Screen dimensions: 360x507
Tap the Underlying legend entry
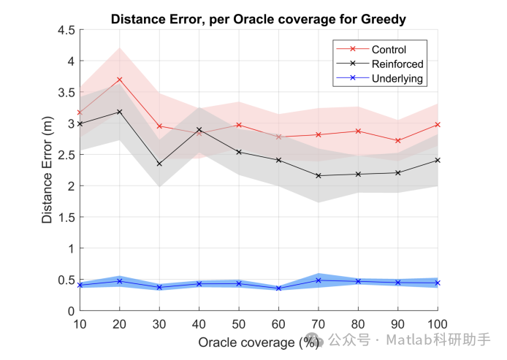tap(397, 78)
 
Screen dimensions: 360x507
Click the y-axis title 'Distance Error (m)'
tap(47, 170)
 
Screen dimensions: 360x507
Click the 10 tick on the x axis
tap(79, 323)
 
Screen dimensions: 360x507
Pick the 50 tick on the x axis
tap(238, 323)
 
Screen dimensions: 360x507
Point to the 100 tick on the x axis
tap(437, 323)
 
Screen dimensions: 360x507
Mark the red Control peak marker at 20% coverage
tap(119, 80)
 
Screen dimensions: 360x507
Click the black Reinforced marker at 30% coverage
tap(159, 164)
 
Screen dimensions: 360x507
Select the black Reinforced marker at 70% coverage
tap(318, 175)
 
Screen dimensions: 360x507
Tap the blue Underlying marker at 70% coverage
tap(318, 280)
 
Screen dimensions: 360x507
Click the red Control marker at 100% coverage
tap(437, 125)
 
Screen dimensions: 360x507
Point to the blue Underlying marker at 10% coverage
tap(79, 285)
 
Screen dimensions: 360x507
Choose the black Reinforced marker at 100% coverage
tap(437, 160)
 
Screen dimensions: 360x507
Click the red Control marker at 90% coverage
tap(397, 140)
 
